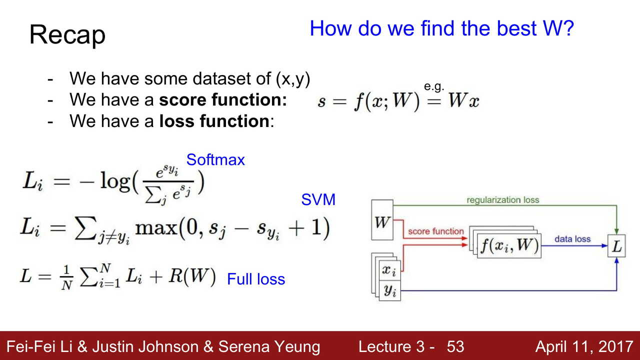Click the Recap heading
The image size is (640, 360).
(67, 35)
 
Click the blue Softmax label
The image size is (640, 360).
(215, 159)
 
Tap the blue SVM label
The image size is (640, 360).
(318, 199)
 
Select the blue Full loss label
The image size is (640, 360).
(256, 279)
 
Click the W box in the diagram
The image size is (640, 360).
(382, 220)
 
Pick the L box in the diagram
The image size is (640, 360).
(616, 245)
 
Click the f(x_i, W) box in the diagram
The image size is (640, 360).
(509, 245)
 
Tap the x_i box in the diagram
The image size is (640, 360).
(389, 270)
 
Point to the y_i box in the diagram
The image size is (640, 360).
(389, 290)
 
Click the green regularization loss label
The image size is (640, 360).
(503, 200)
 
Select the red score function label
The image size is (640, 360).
(435, 231)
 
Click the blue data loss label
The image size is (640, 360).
(572, 239)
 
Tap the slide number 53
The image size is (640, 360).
(455, 346)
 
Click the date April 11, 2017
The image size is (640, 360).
(584, 346)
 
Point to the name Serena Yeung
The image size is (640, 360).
(269, 347)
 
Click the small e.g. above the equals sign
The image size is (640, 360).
(434, 86)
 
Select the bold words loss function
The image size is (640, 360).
(214, 121)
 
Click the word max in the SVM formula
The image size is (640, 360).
(156, 228)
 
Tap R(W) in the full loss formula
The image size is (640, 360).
(192, 276)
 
